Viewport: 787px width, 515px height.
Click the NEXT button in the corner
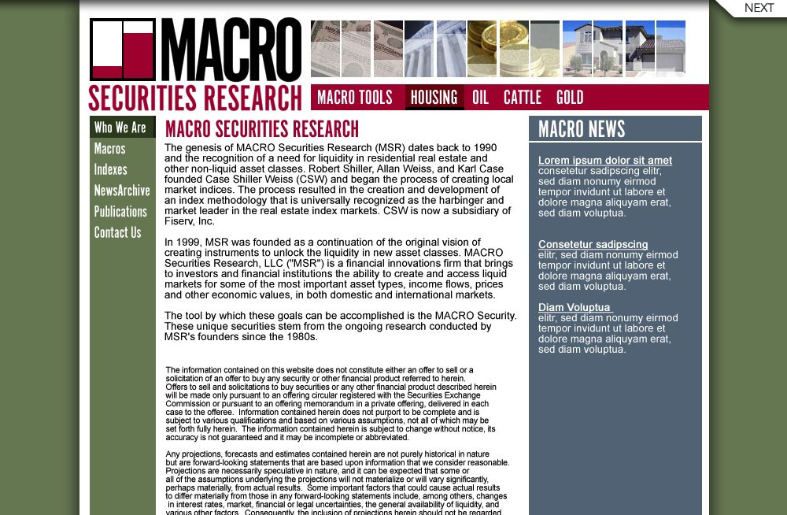pos(758,8)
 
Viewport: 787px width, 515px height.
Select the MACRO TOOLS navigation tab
pos(354,98)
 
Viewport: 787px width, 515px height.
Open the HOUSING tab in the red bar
pos(434,98)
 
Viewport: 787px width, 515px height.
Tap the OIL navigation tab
pos(480,98)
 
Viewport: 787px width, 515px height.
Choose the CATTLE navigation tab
pos(523,98)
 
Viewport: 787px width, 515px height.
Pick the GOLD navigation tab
pos(570,98)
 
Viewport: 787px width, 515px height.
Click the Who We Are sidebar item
pos(120,128)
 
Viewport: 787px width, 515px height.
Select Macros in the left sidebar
pos(109,149)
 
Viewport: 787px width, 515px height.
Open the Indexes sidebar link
pos(110,169)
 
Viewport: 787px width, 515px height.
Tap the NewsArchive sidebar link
pos(122,191)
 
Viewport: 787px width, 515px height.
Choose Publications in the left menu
pos(120,212)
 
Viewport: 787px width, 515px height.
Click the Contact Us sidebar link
pos(117,232)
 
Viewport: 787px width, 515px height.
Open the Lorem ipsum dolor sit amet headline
pos(605,161)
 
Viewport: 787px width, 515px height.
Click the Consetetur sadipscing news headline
pos(593,245)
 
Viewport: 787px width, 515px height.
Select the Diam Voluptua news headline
pos(575,308)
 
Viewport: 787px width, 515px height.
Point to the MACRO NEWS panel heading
pos(582,129)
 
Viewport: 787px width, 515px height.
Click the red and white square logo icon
pos(123,50)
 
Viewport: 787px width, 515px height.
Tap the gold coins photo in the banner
pos(497,49)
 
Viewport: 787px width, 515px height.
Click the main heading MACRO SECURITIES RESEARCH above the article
pos(262,129)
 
